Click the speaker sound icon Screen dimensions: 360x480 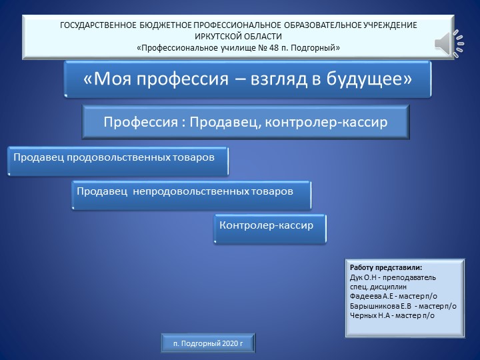(x=448, y=42)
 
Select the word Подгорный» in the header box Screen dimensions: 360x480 (x=316, y=48)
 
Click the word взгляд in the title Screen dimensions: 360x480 (x=282, y=79)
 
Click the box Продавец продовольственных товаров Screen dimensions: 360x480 (x=117, y=159)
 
